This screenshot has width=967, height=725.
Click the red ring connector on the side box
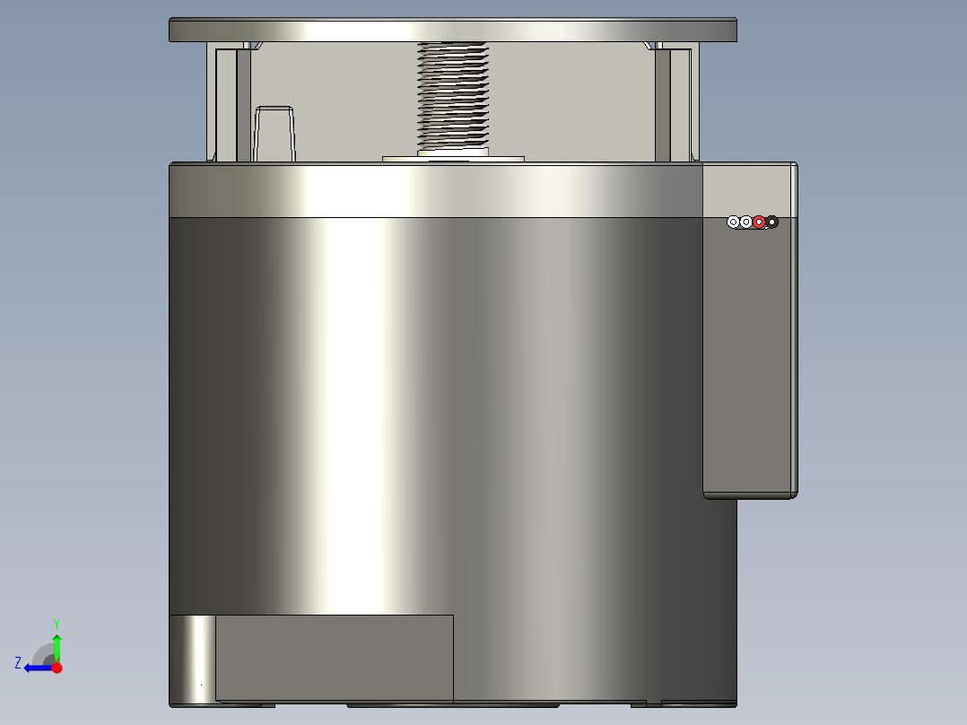point(759,222)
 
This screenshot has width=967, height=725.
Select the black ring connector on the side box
point(771,222)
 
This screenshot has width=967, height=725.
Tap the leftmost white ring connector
point(733,222)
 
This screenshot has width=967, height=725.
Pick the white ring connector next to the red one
point(745,222)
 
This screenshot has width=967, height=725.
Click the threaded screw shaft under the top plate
point(454,94)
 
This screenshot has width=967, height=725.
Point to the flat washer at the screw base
point(453,159)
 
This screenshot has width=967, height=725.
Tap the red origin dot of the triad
point(57,668)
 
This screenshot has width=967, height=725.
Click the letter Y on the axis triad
point(57,623)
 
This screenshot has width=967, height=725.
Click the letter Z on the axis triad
point(18,663)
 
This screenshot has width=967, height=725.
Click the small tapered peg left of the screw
point(274,134)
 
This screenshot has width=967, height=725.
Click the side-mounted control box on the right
point(748,359)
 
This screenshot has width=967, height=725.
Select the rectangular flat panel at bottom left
point(334,657)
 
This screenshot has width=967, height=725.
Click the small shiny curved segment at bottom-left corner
point(192,659)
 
